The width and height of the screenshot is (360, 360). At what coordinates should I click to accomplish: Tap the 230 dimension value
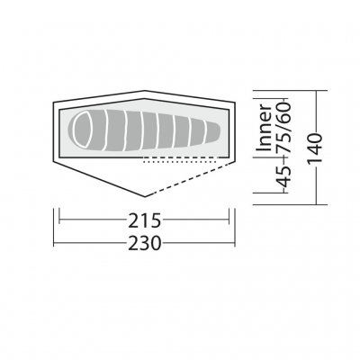[144, 243]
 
